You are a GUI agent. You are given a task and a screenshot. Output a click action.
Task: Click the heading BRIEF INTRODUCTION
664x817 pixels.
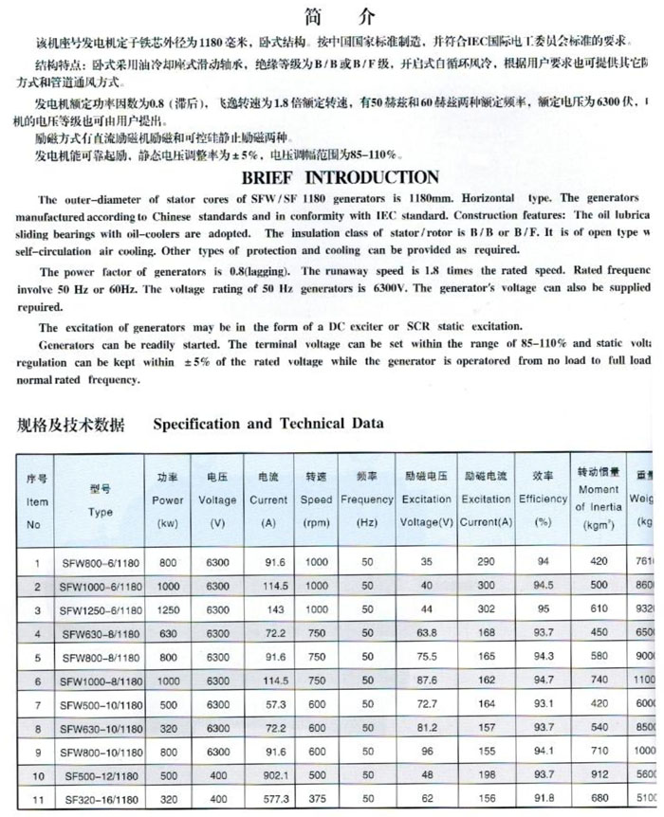pos(328,178)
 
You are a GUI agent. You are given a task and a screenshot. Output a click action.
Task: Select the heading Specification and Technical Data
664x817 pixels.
pos(268,423)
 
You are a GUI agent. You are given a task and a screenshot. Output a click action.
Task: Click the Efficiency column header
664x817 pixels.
pos(544,499)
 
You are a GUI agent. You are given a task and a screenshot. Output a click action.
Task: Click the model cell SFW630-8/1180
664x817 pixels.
pos(100,632)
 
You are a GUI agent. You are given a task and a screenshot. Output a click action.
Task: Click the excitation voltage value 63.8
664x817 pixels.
pos(426,632)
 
